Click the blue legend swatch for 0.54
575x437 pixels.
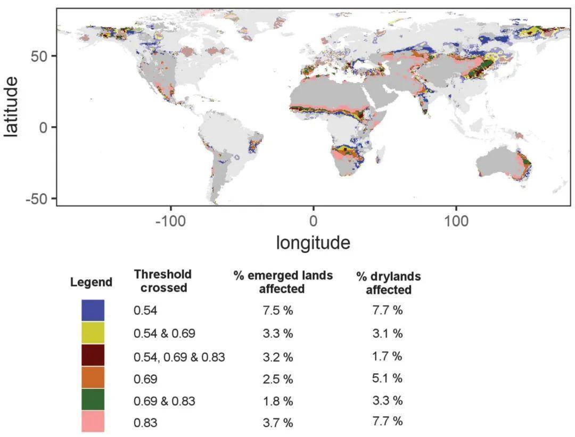click(x=93, y=310)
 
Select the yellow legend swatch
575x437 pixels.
click(x=93, y=333)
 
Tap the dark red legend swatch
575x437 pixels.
click(x=93, y=355)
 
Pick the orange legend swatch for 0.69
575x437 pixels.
click(x=93, y=377)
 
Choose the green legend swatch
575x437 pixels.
click(x=93, y=400)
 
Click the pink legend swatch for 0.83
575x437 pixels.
click(x=93, y=422)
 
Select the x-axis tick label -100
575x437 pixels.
click(x=171, y=221)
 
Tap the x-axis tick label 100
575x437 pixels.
click(x=456, y=221)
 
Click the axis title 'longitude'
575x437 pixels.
click(x=313, y=243)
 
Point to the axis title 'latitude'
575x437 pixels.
click(x=11, y=106)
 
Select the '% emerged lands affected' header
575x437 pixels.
click(x=282, y=282)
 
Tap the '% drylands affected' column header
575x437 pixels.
click(x=388, y=283)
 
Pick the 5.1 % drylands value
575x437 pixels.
click(x=388, y=378)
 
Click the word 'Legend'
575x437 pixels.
click(x=91, y=282)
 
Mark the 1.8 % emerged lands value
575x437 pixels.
click(x=278, y=401)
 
